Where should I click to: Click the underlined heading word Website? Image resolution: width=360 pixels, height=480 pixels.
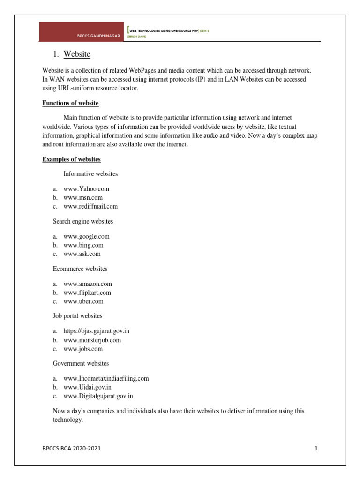[x=77, y=54]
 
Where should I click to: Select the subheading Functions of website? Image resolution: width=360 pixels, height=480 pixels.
[x=70, y=103]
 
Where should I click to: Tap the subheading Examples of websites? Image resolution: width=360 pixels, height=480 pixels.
[x=71, y=159]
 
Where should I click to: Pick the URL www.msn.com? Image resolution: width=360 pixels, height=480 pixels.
[x=83, y=197]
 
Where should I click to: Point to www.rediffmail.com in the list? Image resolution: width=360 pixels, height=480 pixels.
[x=90, y=206]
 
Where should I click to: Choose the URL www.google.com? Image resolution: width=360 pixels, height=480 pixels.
[x=86, y=237]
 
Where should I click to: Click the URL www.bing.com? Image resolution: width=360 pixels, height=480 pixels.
[x=83, y=245]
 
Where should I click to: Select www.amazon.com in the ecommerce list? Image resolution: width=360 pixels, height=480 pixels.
[x=88, y=284]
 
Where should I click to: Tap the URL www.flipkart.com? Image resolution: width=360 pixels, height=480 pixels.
[x=87, y=293]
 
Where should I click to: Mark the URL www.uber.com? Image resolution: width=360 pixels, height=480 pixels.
[x=83, y=301]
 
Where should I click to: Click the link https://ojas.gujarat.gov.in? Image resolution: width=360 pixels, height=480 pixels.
[x=96, y=331]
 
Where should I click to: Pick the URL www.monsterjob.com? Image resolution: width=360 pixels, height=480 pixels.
[x=92, y=340]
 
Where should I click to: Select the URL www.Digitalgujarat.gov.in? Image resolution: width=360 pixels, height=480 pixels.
[x=98, y=396]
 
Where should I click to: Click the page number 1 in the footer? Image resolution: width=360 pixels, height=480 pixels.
[x=316, y=449]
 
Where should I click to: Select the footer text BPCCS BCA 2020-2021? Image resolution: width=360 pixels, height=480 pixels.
[x=71, y=449]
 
